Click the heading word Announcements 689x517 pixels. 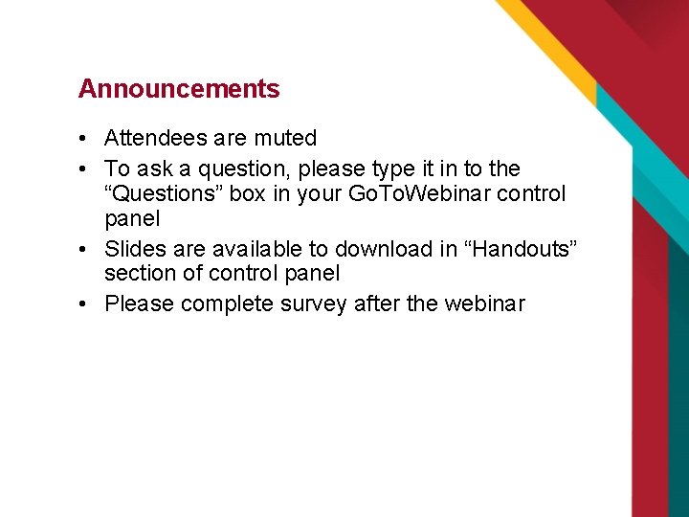(179, 89)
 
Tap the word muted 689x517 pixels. (285, 139)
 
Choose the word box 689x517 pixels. (246, 194)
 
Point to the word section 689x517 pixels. (140, 274)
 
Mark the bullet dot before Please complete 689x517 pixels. (84, 305)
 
